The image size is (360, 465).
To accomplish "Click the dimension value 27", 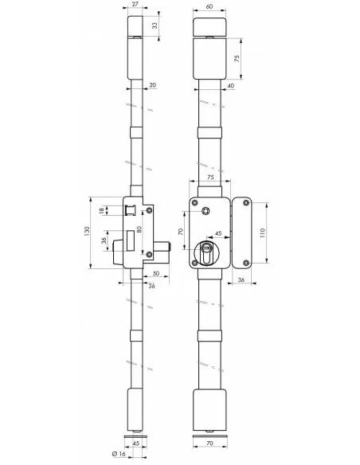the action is click(x=135, y=4).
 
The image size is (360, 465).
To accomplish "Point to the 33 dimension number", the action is click(x=155, y=25).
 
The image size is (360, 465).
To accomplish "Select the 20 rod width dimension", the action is click(x=152, y=85).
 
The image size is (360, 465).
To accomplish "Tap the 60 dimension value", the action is click(x=209, y=6).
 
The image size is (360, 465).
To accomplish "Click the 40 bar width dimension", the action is click(x=230, y=86).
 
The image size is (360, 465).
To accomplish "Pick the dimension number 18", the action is click(x=102, y=210).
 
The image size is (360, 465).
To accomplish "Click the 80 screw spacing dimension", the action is click(x=139, y=229).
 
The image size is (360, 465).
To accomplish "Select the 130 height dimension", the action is click(x=87, y=232).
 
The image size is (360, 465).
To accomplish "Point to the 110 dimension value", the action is click(x=262, y=232).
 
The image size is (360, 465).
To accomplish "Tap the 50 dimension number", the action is click(x=156, y=273).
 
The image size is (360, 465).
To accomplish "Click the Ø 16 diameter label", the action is click(x=119, y=454).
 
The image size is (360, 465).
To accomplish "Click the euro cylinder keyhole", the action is click(x=206, y=253).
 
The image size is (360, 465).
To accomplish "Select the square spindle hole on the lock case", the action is click(x=205, y=211).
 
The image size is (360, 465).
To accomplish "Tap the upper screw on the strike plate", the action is click(x=246, y=203).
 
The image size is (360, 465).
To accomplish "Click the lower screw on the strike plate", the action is click(x=246, y=263).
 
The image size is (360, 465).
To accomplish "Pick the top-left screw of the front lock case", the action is click(x=195, y=203).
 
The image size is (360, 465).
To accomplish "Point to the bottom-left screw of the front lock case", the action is click(x=195, y=263).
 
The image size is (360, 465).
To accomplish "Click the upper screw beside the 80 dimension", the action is click(x=150, y=210).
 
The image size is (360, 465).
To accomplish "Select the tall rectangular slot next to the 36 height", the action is click(x=131, y=240).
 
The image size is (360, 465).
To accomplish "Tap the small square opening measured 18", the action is click(x=131, y=210).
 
